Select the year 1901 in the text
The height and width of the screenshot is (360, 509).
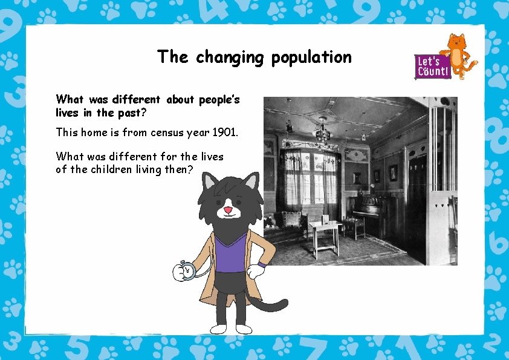225,131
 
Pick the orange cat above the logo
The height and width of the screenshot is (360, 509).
458,53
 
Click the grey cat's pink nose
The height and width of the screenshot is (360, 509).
228,210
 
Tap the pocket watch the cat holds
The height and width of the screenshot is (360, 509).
187,271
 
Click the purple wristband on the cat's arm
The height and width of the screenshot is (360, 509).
262,264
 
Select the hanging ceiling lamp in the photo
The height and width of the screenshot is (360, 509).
324,130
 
